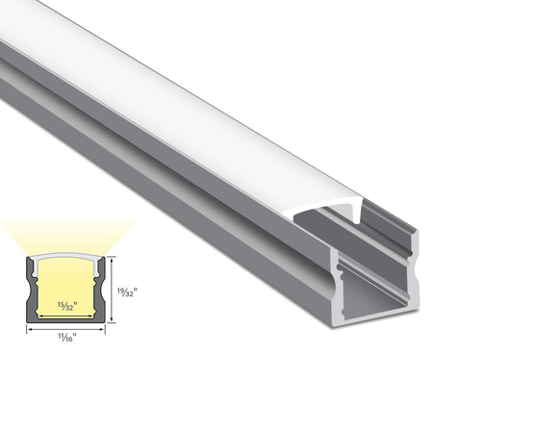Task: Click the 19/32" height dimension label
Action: (124, 291)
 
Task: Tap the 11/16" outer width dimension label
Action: (65, 337)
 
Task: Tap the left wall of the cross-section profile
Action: (30, 289)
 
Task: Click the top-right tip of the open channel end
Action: (416, 231)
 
